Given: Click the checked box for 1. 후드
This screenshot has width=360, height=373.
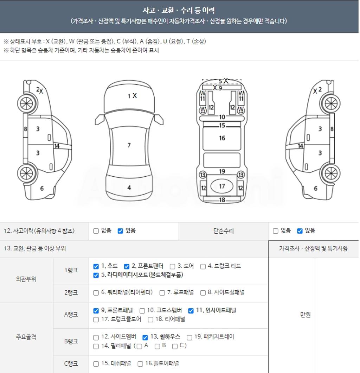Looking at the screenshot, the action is click(96, 266).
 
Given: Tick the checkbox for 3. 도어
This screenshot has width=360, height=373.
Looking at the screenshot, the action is click(173, 266).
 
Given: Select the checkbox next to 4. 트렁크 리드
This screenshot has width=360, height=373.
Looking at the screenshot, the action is click(203, 266).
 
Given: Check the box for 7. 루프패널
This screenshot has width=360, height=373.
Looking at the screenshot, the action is click(162, 293).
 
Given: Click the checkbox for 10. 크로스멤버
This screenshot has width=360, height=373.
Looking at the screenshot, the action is click(142, 311).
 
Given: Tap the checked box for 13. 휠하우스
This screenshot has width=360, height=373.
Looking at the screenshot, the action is click(145, 337).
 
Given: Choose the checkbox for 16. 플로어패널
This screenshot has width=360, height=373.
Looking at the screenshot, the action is click(140, 364).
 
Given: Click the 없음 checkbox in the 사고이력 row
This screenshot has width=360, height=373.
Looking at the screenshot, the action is click(96, 231).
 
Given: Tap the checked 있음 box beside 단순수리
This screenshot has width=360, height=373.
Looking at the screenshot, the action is click(300, 231).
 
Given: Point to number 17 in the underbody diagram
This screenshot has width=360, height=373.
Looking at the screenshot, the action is click(222, 186).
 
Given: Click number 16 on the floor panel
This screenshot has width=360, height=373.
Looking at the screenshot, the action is click(222, 138).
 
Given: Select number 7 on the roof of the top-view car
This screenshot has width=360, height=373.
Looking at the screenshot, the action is click(129, 145).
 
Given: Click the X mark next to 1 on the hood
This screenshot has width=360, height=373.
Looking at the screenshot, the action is click(135, 96).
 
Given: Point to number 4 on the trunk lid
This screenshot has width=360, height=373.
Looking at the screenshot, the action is click(129, 188).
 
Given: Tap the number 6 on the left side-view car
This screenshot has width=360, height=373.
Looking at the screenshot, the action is click(42, 188).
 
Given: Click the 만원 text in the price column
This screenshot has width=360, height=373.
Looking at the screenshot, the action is click(306, 315).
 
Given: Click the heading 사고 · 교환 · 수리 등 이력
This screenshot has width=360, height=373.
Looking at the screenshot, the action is click(179, 11).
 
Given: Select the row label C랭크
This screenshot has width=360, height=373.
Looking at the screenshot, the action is click(71, 364).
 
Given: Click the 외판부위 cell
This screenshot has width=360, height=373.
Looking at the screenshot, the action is click(26, 279).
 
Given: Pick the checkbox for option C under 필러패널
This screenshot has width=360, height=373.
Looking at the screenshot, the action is click(175, 346).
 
